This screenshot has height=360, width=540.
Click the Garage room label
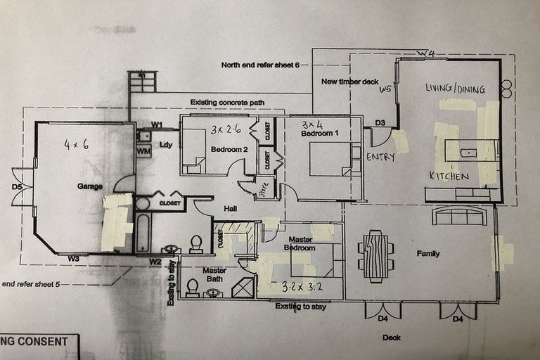89,187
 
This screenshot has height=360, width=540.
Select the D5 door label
17,187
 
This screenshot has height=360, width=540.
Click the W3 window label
73,259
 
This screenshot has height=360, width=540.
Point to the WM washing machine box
143,151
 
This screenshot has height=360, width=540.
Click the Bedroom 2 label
229,149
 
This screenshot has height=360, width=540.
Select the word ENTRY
380,157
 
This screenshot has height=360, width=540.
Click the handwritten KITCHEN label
449,176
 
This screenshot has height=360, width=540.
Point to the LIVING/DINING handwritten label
455,88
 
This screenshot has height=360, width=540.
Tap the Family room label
427,253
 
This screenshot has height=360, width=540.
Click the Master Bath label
214,275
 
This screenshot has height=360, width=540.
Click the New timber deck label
349,82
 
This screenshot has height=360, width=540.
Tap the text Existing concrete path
227,103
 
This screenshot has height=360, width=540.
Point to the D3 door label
380,124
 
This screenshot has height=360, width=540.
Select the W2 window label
155,262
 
